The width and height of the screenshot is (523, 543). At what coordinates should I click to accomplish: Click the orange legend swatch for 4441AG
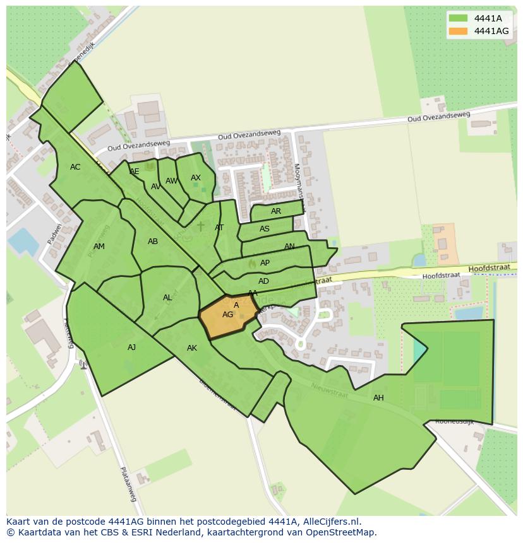[x=459, y=31]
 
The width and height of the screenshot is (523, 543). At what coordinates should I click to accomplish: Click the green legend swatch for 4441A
[x=459, y=18]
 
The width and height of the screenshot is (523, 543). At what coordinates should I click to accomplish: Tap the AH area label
[x=378, y=398]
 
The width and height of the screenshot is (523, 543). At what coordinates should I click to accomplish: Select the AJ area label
[x=131, y=347]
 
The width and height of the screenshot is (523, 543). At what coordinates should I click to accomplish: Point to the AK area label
[x=192, y=348]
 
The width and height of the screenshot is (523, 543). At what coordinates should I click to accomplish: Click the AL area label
[x=167, y=298]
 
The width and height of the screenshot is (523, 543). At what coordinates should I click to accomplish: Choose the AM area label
[x=99, y=247]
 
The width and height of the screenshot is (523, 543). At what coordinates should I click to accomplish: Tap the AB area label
[x=153, y=242]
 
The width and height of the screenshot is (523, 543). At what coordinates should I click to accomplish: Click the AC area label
[x=75, y=167]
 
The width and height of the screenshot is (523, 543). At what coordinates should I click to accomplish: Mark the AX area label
[x=196, y=178]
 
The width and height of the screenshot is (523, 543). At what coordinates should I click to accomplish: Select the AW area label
[x=171, y=181]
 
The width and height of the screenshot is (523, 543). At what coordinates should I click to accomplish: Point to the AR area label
[x=276, y=211]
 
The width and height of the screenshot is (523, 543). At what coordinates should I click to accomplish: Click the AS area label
[x=265, y=229]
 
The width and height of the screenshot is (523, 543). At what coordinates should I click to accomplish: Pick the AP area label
[x=265, y=263]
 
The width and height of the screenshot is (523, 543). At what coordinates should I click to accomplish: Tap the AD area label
[x=263, y=281]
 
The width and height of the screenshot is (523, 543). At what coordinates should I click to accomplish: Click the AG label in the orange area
[x=227, y=315]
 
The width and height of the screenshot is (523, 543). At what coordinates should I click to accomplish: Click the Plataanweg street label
[x=128, y=484]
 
